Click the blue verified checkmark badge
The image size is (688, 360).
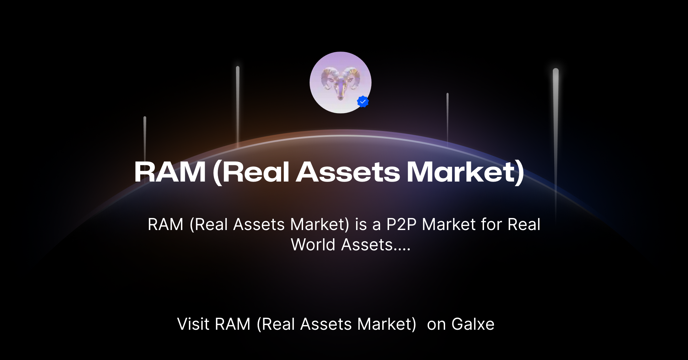click(x=363, y=102)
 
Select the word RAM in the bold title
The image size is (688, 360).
click(x=170, y=172)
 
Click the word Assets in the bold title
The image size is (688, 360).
click(x=348, y=172)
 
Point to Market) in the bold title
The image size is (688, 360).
click(x=465, y=172)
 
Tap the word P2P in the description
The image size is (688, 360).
click(x=401, y=225)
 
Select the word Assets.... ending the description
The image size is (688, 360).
click(x=376, y=245)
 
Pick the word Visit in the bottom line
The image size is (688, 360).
click(x=193, y=324)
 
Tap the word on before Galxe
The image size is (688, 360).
click(x=436, y=324)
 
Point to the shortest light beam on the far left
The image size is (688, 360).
click(x=145, y=138)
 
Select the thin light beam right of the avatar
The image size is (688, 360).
click(x=448, y=117)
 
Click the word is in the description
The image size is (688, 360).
click(x=361, y=225)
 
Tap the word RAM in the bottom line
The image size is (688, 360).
click(x=233, y=324)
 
